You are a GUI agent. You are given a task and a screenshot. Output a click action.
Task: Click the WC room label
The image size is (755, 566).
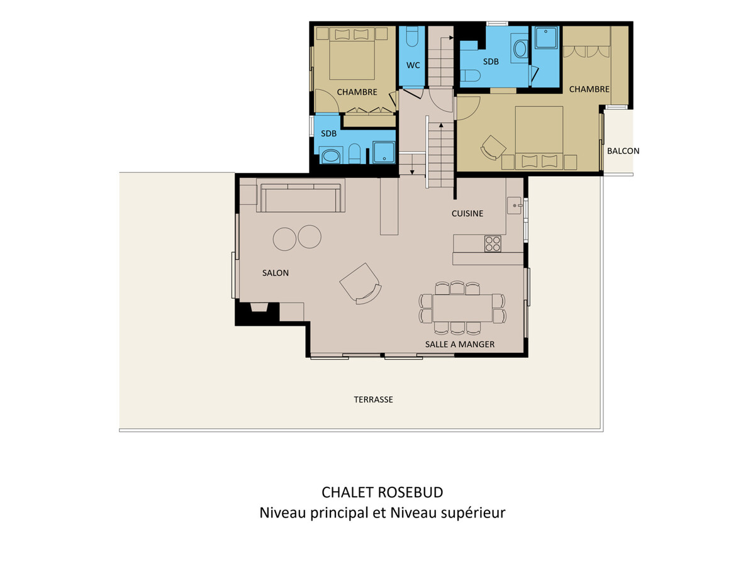coord(413,65)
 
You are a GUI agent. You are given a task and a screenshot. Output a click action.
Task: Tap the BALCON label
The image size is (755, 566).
coord(623,151)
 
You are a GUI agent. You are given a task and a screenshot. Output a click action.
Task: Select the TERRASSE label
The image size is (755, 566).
coord(373,399)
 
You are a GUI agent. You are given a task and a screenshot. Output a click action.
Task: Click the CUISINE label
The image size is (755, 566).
coord(467,213)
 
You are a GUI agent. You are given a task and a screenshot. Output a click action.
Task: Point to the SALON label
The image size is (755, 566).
coord(275,273)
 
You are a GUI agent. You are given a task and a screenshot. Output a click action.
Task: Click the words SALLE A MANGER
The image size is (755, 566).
coord(459,345)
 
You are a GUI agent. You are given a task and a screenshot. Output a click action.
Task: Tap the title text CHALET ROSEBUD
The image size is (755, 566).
coord(382,492)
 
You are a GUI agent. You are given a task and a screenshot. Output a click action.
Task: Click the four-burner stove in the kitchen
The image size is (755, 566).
coord(493,243)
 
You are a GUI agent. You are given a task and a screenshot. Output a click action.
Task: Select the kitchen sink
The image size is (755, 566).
coord(514,206)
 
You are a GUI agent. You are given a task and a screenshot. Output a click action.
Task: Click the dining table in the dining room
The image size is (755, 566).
coord(462,308)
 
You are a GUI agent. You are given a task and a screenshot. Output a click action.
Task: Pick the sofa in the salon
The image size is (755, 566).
coord(300,198)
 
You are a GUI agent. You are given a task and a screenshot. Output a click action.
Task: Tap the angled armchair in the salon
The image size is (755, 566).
coord(361,284)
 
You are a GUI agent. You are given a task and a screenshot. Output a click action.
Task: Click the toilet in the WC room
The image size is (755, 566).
coord(411,37)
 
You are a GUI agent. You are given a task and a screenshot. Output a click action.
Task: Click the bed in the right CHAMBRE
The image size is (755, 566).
coord(539,138)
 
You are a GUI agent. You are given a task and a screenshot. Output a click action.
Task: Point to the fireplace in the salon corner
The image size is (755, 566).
coord(259,307)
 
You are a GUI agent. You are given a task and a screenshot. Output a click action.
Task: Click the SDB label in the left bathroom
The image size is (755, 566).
coord(328,133)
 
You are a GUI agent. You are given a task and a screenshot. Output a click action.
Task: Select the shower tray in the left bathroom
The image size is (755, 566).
coord(384,152)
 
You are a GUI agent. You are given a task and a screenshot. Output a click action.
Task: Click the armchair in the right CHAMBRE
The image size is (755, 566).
coord(493,148)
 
